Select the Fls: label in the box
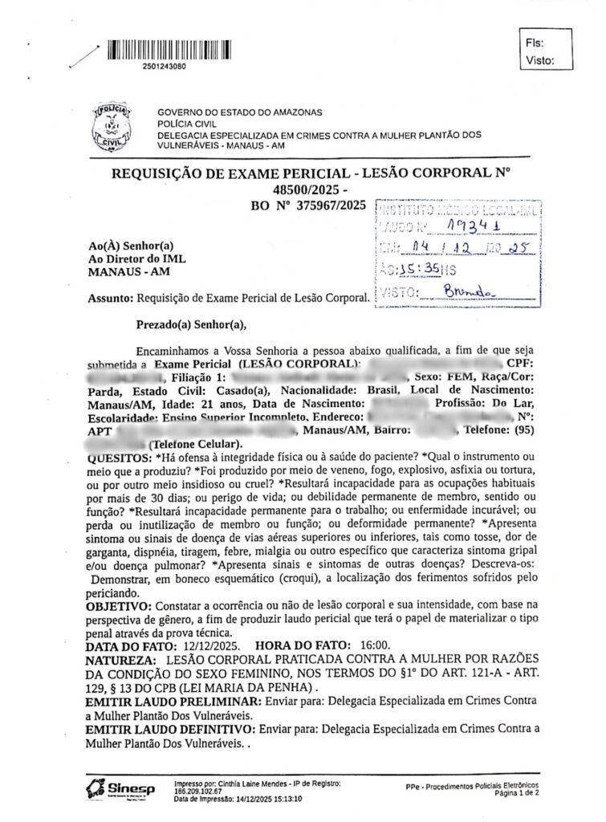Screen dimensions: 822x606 (534, 42)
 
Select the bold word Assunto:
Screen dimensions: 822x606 (112, 299)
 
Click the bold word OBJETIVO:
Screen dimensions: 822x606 (118, 602)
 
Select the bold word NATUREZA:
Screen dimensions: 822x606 (121, 659)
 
